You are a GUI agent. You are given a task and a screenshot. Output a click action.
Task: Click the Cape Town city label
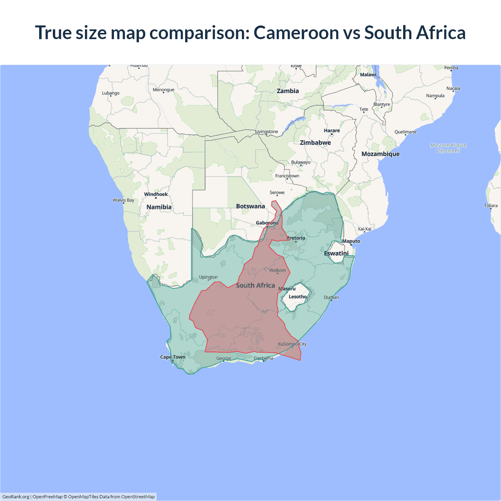[x=173, y=357]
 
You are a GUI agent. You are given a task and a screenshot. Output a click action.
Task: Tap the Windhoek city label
[x=156, y=194]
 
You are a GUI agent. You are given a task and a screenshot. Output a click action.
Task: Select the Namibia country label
[x=159, y=207]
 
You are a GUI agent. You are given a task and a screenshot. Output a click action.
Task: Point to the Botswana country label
[x=250, y=206]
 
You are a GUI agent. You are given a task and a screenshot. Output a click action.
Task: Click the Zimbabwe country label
[x=315, y=142]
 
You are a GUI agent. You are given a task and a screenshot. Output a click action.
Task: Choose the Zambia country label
[x=288, y=91]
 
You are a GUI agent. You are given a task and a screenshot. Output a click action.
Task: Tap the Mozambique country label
[x=380, y=154]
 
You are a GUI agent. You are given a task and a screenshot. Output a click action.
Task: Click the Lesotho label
[x=297, y=297]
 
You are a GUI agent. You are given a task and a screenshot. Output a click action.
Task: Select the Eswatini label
[x=336, y=253]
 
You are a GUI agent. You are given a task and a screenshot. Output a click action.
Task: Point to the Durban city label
[x=332, y=297]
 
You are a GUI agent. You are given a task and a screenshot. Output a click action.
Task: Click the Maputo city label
[x=351, y=241]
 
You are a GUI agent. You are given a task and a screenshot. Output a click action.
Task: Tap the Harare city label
[x=332, y=131]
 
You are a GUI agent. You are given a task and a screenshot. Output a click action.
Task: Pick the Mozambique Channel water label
[x=448, y=148]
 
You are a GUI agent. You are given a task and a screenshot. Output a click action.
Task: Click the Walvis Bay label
[x=123, y=200]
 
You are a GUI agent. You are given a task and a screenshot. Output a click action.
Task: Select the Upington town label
[x=208, y=277]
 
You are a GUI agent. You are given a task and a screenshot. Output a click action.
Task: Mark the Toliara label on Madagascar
[x=490, y=205]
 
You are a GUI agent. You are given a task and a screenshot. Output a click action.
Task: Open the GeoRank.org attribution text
[x=16, y=497]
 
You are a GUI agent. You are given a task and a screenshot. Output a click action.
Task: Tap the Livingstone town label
[x=267, y=132]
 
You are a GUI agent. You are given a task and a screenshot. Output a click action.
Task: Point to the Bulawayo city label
[x=301, y=162]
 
